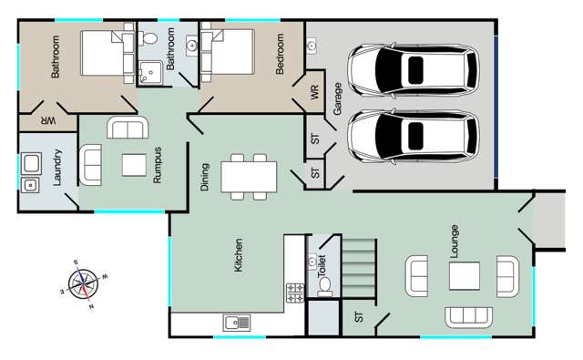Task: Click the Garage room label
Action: click(x=337, y=95)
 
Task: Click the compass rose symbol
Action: click(x=83, y=282)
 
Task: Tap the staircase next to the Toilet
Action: click(x=359, y=266)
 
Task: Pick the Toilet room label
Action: click(x=321, y=264)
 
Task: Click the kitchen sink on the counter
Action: click(x=237, y=322)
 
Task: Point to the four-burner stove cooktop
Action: click(x=295, y=293)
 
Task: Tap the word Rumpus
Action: click(x=157, y=167)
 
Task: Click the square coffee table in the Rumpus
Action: click(x=133, y=165)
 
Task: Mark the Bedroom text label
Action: click(x=281, y=55)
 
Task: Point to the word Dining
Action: click(x=205, y=175)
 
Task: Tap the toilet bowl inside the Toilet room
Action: click(x=323, y=284)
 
